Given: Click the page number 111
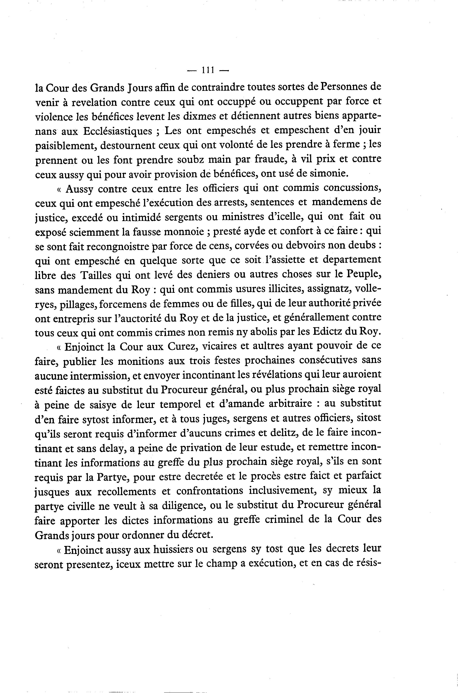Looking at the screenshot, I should (207, 70).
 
